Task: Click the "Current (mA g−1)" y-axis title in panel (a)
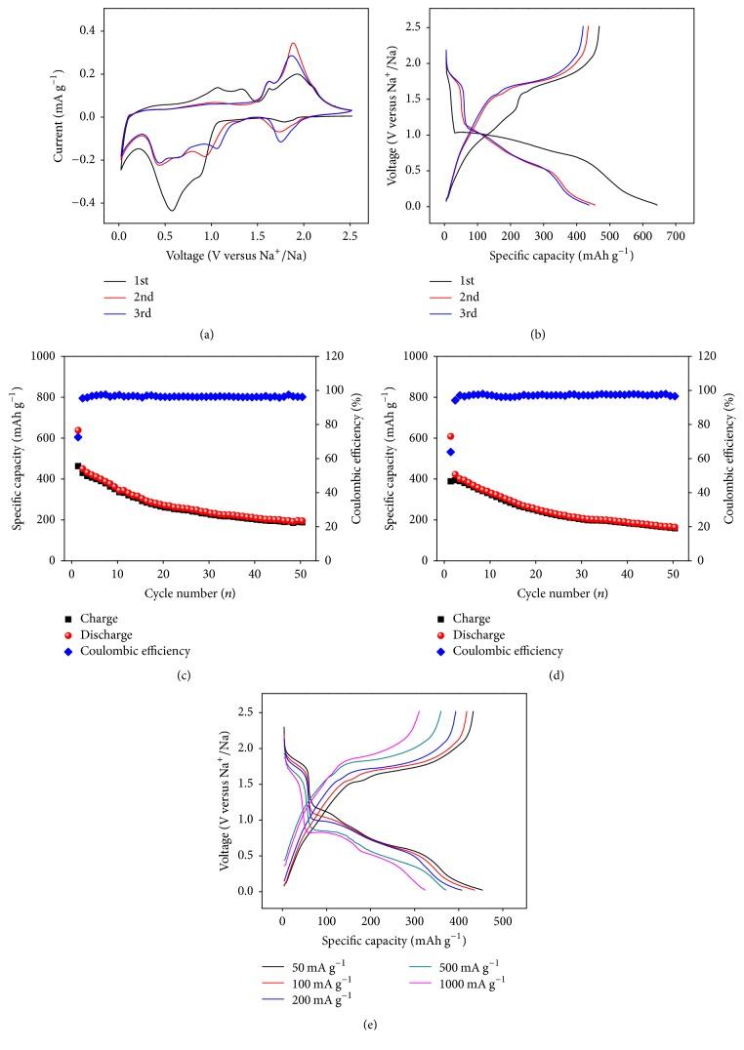coord(18,107)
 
